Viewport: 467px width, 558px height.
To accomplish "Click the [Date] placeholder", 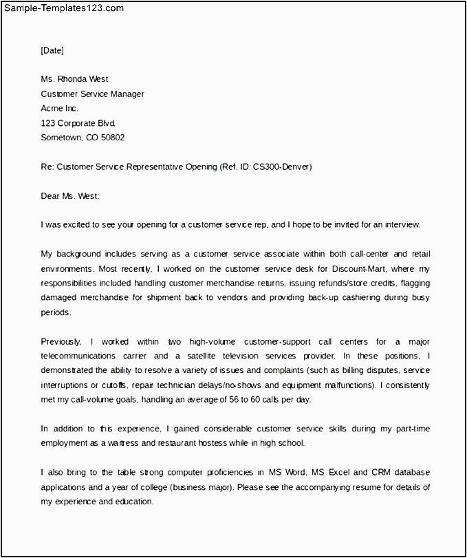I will [52, 50].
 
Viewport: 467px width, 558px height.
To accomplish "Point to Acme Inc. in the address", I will [60, 108].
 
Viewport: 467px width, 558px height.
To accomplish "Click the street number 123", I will [48, 123].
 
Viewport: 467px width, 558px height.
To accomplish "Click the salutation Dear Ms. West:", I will [70, 196].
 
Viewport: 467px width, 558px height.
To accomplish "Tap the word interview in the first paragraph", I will [401, 224].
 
